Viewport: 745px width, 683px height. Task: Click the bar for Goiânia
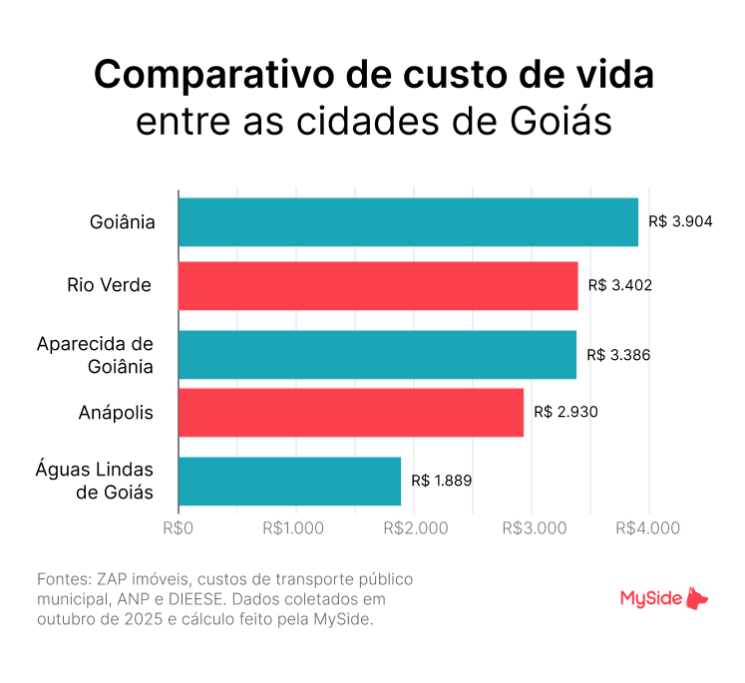pyautogui.click(x=408, y=221)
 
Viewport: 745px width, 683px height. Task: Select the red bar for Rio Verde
pyautogui.click(x=378, y=286)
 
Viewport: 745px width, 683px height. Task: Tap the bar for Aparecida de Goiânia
pyautogui.click(x=377, y=354)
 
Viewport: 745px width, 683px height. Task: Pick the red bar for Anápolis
pyautogui.click(x=351, y=413)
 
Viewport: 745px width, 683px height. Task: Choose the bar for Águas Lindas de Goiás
pyautogui.click(x=289, y=481)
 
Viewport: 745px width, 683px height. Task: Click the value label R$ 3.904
pyautogui.click(x=680, y=221)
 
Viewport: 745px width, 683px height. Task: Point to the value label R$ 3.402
pyautogui.click(x=619, y=286)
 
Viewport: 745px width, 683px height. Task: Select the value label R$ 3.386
pyautogui.click(x=618, y=354)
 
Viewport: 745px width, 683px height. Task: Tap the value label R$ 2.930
pyautogui.click(x=565, y=413)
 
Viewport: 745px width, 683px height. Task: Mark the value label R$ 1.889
pyautogui.click(x=441, y=481)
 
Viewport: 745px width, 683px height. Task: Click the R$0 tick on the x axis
pyautogui.click(x=179, y=528)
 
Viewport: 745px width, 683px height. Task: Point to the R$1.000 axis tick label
pyautogui.click(x=296, y=528)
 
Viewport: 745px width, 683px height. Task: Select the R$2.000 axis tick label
pyautogui.click(x=414, y=528)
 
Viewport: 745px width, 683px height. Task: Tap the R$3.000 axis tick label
pyautogui.click(x=532, y=528)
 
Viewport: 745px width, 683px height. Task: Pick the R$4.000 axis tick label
pyautogui.click(x=649, y=528)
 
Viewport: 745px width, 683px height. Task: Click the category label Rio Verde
pyautogui.click(x=110, y=286)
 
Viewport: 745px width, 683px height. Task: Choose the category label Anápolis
pyautogui.click(x=116, y=413)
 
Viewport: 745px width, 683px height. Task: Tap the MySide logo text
pyautogui.click(x=650, y=599)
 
